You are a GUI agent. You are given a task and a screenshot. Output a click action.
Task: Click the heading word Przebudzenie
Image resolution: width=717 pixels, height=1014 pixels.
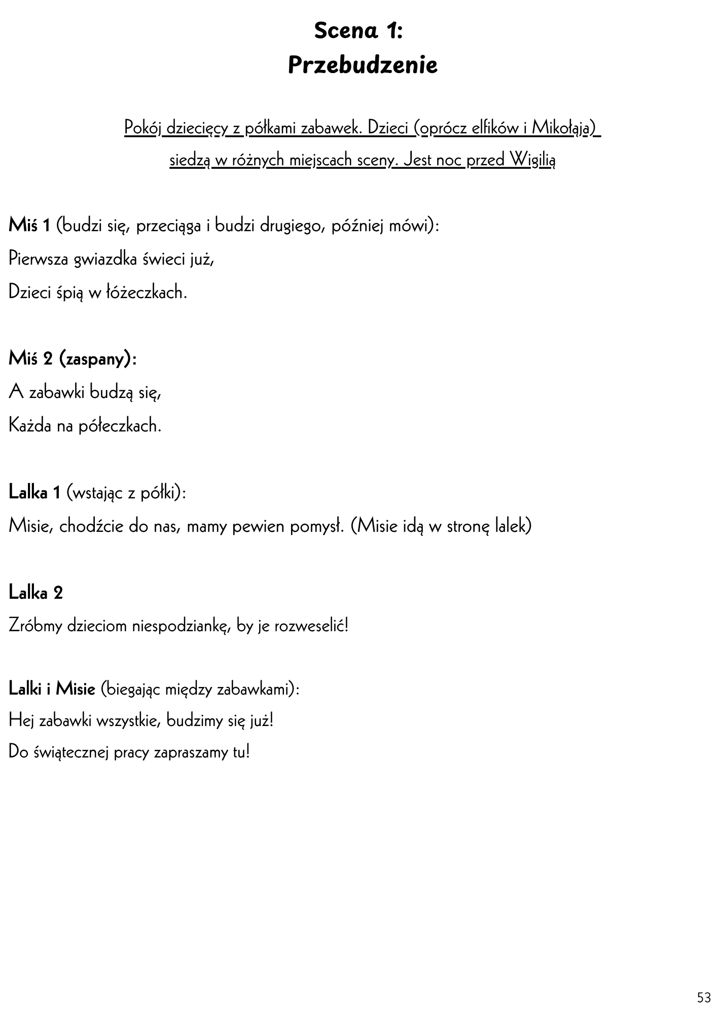point(363,65)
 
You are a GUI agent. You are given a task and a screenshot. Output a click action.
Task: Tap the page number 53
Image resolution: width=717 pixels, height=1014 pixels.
point(704,998)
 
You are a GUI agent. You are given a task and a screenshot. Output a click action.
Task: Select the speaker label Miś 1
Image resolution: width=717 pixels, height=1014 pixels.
point(29,226)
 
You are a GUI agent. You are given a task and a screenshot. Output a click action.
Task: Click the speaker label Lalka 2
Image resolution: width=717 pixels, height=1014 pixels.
point(35,593)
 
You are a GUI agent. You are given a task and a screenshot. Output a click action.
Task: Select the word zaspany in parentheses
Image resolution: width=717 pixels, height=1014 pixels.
point(95,359)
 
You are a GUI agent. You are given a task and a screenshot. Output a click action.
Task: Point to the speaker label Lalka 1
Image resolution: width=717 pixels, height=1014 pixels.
point(34,492)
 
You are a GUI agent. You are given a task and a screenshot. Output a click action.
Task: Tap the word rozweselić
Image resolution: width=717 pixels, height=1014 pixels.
point(311,626)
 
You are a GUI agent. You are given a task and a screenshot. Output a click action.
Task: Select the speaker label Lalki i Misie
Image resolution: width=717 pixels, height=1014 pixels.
point(52,689)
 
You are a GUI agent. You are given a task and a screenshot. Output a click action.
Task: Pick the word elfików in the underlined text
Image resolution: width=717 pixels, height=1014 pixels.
point(493,128)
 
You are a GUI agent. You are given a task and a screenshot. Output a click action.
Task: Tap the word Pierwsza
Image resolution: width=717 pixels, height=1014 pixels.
point(39,260)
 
